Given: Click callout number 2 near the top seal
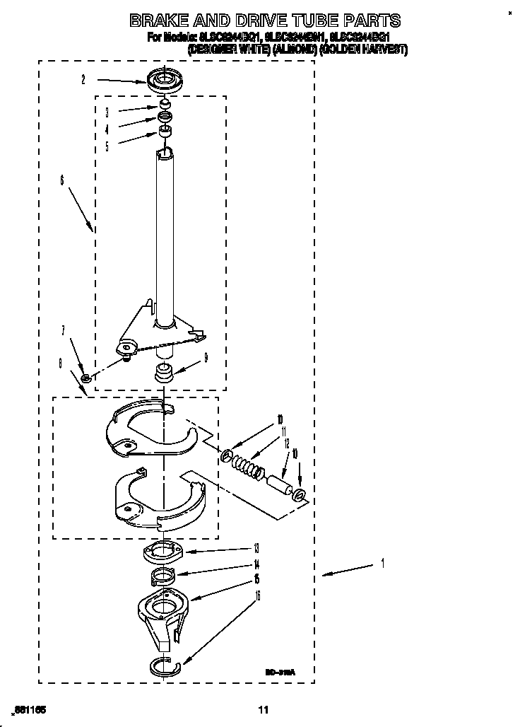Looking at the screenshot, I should point(83,80).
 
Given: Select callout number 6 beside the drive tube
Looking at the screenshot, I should point(62,181).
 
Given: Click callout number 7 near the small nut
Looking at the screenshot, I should point(63,330).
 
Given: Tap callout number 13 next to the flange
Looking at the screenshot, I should point(256,547).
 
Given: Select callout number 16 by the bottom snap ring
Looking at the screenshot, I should point(258,595).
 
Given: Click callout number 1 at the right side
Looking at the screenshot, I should point(382,564).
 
